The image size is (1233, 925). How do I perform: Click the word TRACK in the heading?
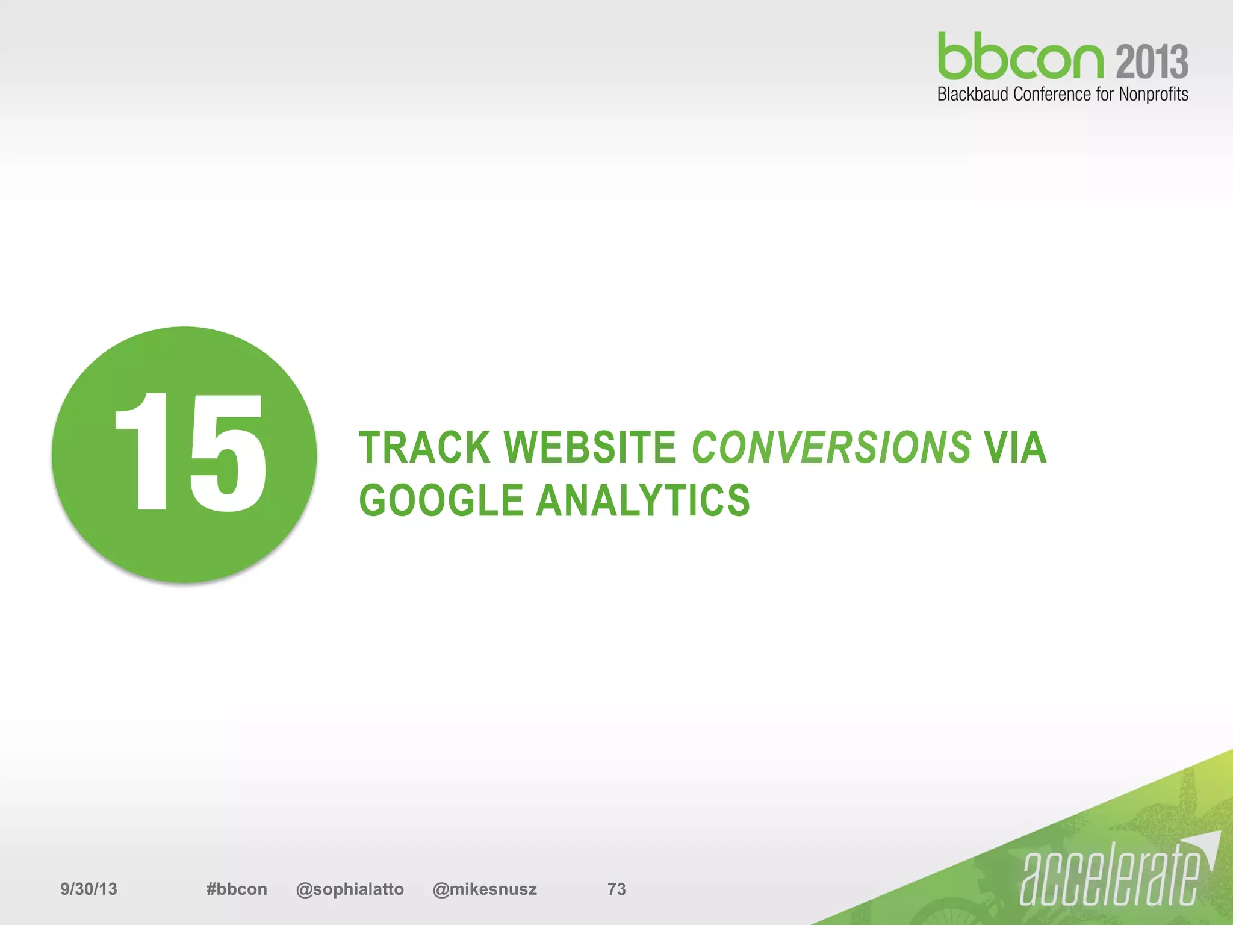pyautogui.click(x=424, y=447)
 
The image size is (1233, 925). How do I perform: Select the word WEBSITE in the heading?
pyautogui.click(x=589, y=447)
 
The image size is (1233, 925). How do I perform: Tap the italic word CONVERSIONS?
pyautogui.click(x=831, y=447)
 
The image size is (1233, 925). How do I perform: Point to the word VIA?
pyautogui.click(x=1015, y=447)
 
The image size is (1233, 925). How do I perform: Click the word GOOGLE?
pyautogui.click(x=441, y=500)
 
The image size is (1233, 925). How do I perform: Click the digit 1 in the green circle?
pyautogui.click(x=144, y=452)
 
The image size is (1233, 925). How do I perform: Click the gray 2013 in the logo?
pyautogui.click(x=1152, y=62)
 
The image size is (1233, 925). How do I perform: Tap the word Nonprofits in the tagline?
pyautogui.click(x=1153, y=95)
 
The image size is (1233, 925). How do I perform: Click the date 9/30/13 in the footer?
pyautogui.click(x=89, y=889)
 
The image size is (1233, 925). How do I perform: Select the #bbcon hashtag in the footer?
pyautogui.click(x=237, y=889)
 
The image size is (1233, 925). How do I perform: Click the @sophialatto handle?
pyautogui.click(x=350, y=889)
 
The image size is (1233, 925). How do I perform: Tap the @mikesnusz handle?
pyautogui.click(x=485, y=889)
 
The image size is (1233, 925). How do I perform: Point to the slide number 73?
pyautogui.click(x=616, y=889)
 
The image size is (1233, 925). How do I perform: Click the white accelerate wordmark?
pyautogui.click(x=1111, y=876)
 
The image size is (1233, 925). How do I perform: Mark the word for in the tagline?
pyautogui.click(x=1105, y=95)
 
